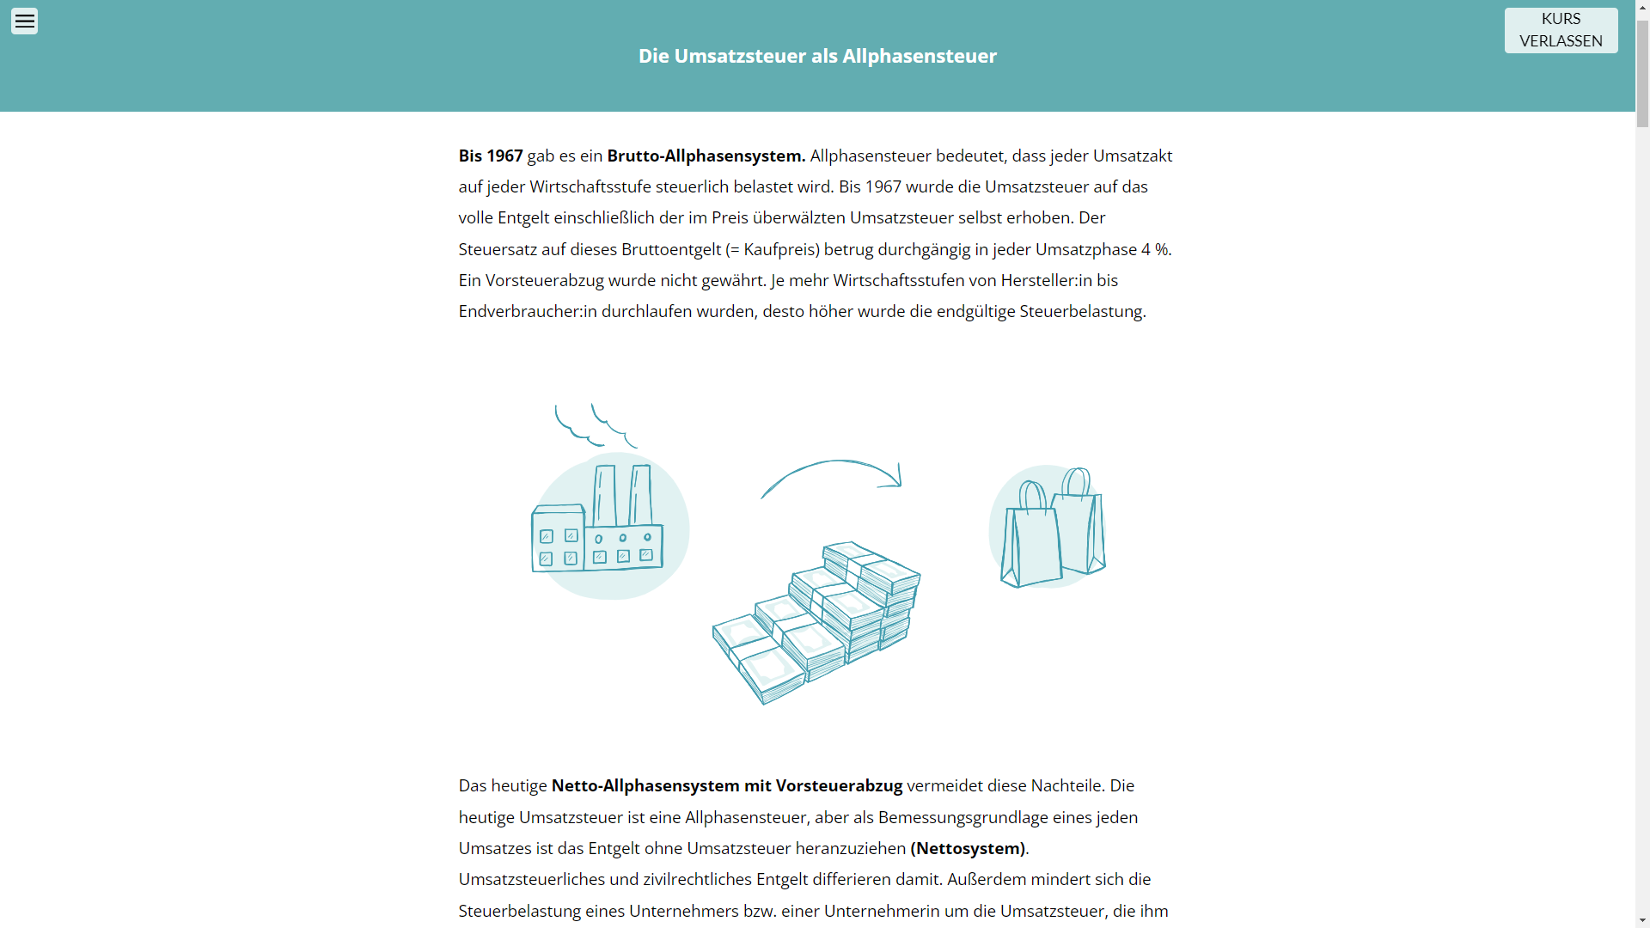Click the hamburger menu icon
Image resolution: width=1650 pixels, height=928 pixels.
click(x=24, y=21)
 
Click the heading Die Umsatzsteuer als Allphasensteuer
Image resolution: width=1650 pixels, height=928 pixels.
click(x=817, y=56)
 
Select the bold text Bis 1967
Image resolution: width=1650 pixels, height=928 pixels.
click(x=491, y=156)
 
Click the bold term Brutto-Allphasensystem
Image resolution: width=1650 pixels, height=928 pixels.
click(x=706, y=156)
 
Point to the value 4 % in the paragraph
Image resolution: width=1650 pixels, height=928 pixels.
click(x=1154, y=249)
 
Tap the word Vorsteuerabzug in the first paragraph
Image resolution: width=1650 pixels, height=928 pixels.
click(x=545, y=280)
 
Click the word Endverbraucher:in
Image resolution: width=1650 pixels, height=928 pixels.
click(x=528, y=311)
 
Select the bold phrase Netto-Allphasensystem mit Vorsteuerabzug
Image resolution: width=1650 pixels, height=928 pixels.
click(x=727, y=785)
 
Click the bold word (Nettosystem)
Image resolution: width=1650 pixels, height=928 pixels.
click(x=968, y=848)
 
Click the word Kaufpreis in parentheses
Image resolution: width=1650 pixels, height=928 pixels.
click(x=781, y=249)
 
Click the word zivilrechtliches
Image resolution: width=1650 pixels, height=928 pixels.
click(x=697, y=879)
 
